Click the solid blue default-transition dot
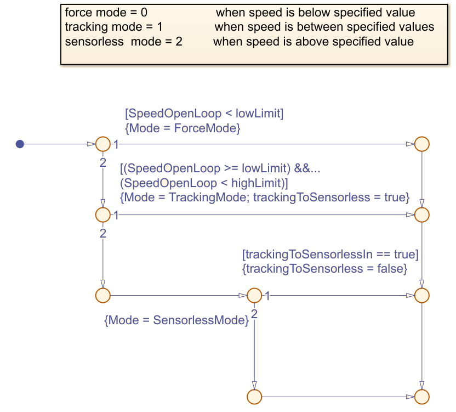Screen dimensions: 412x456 pos(20,144)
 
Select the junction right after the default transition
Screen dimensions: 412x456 pos(103,144)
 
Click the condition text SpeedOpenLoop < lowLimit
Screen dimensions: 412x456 pos(204,114)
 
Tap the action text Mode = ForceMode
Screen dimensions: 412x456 pos(183,128)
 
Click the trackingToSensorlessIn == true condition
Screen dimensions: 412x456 pos(330,255)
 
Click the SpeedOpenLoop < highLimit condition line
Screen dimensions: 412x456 pos(204,183)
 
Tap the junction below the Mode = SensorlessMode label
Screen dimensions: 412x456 pos(254,396)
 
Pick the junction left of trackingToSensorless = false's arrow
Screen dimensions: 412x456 pos(254,295)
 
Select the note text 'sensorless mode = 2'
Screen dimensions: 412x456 pos(123,42)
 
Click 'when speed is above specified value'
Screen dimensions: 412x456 pos(313,42)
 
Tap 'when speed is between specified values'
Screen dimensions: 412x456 pos(324,27)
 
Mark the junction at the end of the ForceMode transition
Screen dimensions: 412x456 pos(421,144)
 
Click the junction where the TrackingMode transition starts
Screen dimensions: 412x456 pos(103,215)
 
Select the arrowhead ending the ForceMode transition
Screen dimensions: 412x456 pos(410,144)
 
